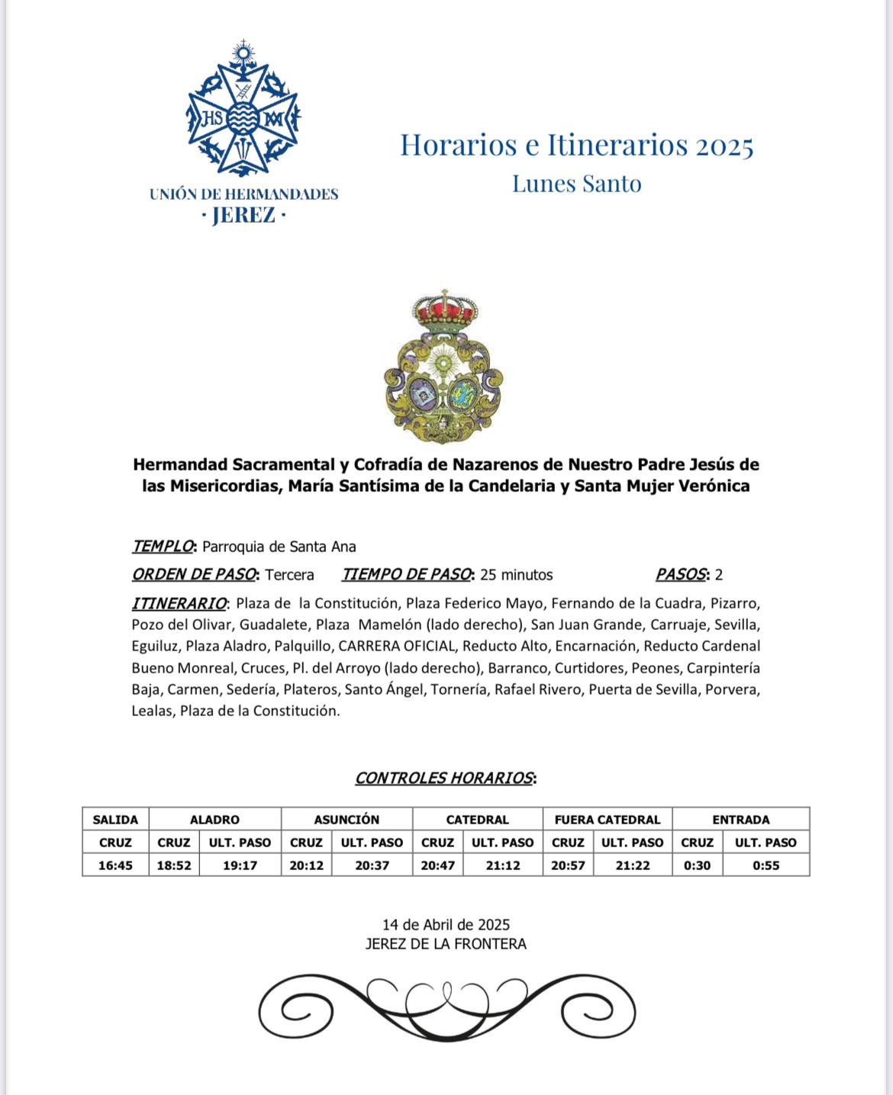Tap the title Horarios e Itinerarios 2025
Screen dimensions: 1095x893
point(577,145)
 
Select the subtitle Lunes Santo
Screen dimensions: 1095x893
point(576,184)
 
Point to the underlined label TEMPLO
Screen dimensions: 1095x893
point(163,547)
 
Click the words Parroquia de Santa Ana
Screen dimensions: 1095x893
point(279,547)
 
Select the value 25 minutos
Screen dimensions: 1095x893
point(517,575)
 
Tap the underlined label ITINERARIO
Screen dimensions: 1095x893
point(179,603)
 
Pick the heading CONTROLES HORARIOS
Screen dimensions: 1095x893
point(444,778)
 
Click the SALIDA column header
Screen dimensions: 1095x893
point(115,820)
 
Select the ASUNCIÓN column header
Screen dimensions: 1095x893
point(347,820)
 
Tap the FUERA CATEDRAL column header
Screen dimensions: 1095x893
point(607,820)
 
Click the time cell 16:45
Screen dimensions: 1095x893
point(115,865)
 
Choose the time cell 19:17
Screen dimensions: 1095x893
point(240,865)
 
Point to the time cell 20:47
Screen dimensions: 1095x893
point(437,865)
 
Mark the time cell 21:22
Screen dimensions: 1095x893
point(632,865)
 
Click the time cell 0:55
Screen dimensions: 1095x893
point(766,865)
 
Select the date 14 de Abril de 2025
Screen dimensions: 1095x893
point(446,925)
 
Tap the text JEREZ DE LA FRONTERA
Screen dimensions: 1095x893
point(446,944)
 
